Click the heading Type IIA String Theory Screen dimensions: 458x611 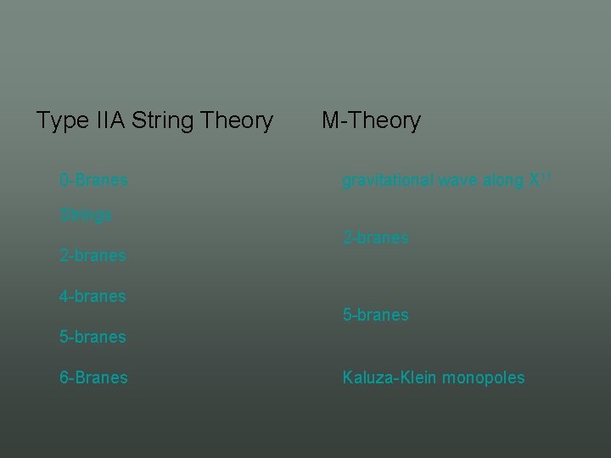154,121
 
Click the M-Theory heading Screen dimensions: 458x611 371,121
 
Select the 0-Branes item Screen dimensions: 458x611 93,181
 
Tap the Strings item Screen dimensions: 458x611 86,215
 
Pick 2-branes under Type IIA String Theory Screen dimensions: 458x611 92,255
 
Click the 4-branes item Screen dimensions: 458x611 92,297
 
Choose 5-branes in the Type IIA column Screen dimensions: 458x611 92,337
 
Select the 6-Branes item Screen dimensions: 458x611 93,377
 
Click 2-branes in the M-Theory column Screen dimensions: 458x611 375,238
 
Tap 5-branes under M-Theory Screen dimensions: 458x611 375,315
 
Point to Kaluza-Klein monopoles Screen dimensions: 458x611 433,377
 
